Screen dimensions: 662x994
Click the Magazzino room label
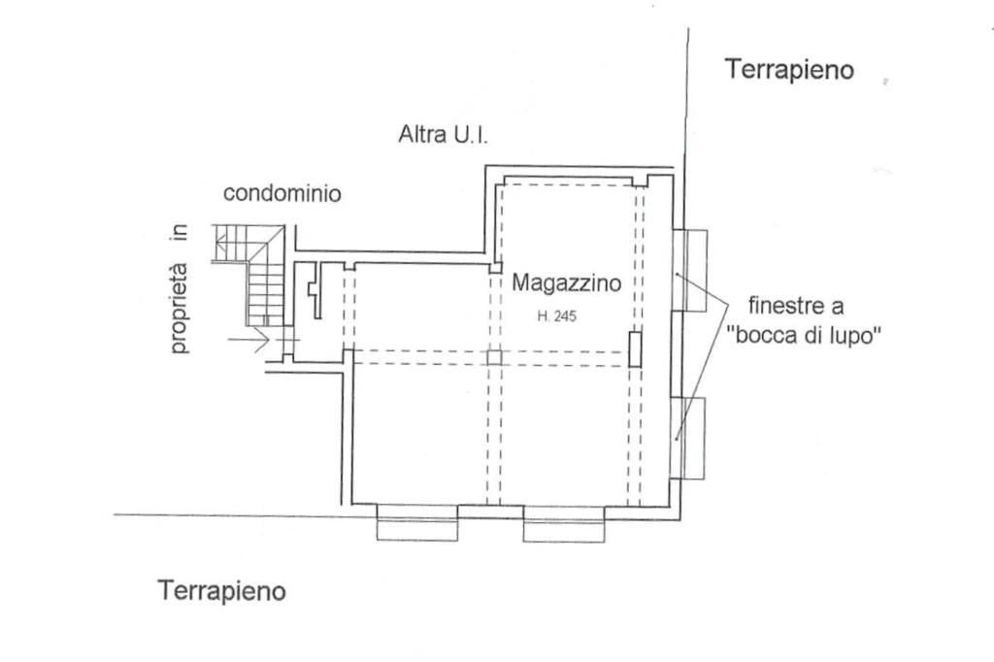(x=566, y=283)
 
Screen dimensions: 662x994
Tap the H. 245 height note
(x=557, y=315)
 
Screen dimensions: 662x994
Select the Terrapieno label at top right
(x=789, y=70)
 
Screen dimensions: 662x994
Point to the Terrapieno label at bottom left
(x=222, y=590)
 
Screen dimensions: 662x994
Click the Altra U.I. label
(x=443, y=135)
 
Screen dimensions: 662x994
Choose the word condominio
(x=282, y=193)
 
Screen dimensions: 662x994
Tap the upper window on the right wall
(x=691, y=270)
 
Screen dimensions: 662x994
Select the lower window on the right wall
(x=691, y=438)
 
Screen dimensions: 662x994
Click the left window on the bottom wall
(x=416, y=523)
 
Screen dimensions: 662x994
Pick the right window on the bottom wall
(x=567, y=524)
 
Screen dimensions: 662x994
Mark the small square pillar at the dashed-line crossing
(x=494, y=356)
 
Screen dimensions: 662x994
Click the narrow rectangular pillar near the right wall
(x=634, y=348)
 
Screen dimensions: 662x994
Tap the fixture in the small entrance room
(x=313, y=290)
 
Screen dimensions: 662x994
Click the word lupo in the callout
(x=853, y=336)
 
